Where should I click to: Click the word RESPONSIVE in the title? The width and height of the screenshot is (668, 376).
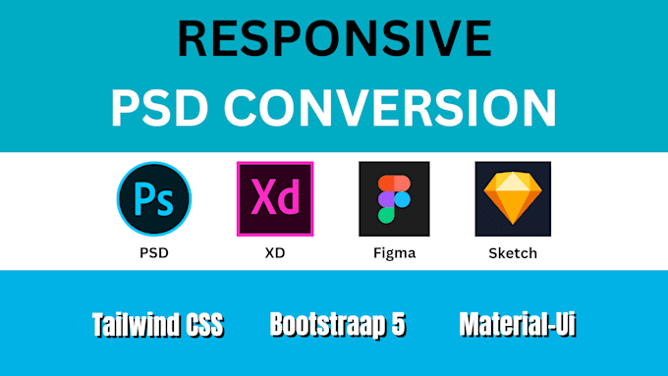coord(334,40)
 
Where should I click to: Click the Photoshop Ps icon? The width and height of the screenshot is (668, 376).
coord(154,198)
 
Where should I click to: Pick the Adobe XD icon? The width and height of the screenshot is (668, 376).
coord(275,198)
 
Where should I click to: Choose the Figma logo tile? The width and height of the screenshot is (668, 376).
coord(394,198)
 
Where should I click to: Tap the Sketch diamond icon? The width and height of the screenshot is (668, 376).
coord(513,198)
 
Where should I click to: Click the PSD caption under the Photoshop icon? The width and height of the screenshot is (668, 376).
coord(154,253)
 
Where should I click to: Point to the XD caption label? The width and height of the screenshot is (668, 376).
coord(275,253)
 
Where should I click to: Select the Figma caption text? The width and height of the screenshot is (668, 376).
coord(394,253)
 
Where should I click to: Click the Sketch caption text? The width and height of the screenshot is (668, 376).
coord(513,253)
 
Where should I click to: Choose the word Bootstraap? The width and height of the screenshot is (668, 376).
coord(328,325)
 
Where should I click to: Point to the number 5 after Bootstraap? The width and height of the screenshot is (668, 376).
coord(397,325)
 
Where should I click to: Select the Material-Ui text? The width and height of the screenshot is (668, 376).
coord(516,325)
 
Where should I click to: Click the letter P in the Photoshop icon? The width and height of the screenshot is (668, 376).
coord(145,198)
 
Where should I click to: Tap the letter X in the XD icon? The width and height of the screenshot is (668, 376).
coord(263,198)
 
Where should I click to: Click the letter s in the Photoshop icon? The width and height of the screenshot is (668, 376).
coord(165,202)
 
